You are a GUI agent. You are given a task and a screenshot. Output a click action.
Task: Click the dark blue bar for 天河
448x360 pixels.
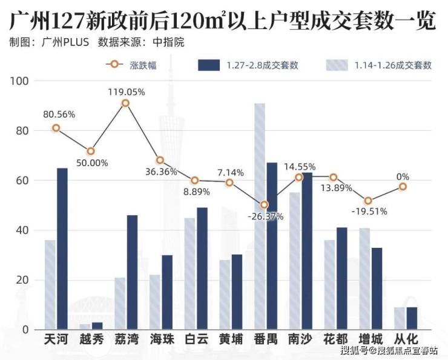62,248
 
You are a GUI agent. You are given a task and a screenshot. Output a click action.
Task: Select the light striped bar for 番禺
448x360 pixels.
259,216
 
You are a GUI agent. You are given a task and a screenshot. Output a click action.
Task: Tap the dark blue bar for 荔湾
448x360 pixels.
132,272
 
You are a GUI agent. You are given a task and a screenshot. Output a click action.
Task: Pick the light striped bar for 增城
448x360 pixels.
364,279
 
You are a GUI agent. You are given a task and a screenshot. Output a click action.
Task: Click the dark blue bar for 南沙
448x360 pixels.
307,251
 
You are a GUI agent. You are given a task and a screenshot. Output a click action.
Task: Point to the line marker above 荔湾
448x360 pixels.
125,103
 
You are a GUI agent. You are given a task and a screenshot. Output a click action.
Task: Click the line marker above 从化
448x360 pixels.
403,187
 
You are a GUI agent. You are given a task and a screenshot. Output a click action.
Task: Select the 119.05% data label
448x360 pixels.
125,92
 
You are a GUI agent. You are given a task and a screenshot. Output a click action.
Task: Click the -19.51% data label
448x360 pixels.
369,212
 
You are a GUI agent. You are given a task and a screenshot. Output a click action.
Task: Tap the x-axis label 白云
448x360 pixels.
196,339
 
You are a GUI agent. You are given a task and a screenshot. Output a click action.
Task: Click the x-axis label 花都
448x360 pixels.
337,339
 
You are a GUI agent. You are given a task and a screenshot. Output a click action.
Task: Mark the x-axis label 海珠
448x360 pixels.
161,339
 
